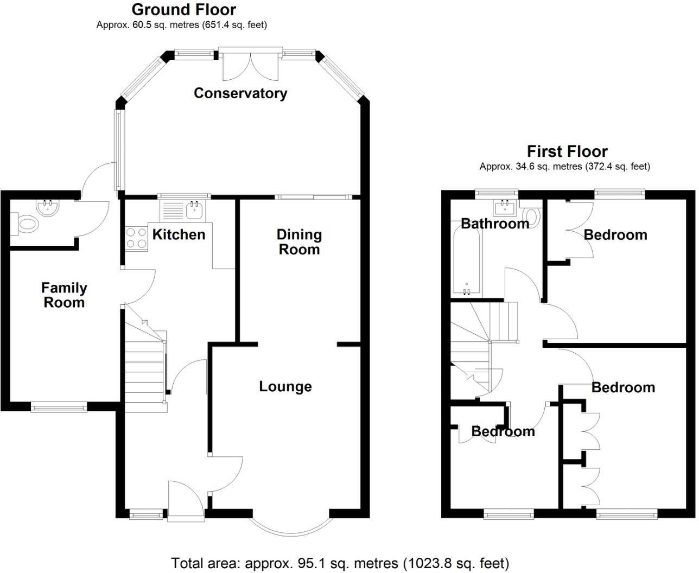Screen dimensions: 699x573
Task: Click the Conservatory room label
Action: click(240, 93)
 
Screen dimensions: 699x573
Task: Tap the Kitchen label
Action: click(179, 234)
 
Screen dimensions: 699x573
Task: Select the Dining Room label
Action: click(299, 242)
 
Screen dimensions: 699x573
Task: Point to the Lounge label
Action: click(285, 386)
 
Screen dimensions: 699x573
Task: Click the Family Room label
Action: click(64, 295)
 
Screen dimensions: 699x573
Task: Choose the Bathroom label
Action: click(494, 223)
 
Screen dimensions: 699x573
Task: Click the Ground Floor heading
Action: click(183, 10)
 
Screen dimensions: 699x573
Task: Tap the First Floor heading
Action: click(567, 151)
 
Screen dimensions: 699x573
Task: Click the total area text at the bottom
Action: click(340, 563)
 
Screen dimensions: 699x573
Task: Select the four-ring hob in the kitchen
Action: click(137, 237)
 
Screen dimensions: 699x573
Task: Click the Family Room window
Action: click(59, 407)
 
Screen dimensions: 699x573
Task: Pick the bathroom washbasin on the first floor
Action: click(505, 207)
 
